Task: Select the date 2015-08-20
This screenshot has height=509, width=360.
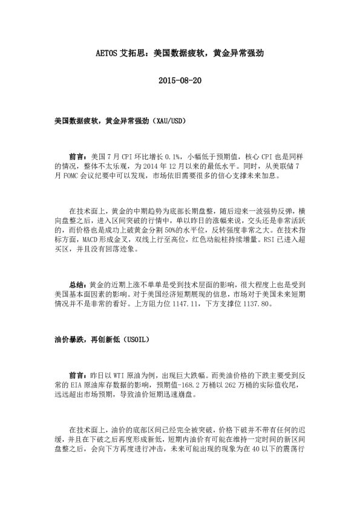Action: (x=180, y=80)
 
